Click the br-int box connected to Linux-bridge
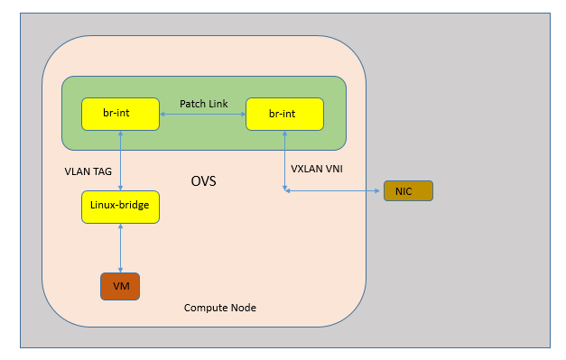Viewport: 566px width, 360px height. click(x=120, y=114)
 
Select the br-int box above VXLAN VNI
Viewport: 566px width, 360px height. click(x=284, y=114)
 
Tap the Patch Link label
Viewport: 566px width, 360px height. click(x=203, y=103)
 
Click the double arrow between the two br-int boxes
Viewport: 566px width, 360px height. click(x=203, y=115)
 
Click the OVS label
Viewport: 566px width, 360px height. click(x=203, y=181)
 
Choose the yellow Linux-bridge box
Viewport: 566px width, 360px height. click(x=120, y=207)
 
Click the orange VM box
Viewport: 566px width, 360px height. click(x=120, y=286)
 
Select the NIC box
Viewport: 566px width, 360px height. click(x=408, y=190)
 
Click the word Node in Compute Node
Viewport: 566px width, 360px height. click(x=242, y=308)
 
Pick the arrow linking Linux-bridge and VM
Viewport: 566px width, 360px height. click(x=120, y=247)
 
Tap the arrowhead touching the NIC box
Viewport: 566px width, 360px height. click(x=380, y=190)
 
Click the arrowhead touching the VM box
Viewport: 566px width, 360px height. click(x=120, y=269)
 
